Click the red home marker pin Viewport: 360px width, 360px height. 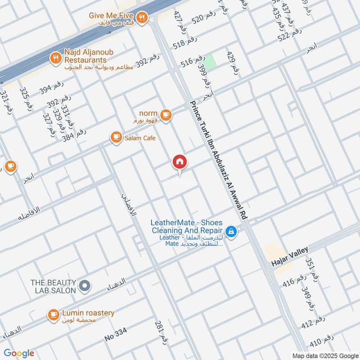(x=180, y=162)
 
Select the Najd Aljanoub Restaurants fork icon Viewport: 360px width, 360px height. (x=55, y=57)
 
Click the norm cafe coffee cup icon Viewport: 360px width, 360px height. (x=166, y=115)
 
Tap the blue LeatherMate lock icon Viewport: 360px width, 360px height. (x=231, y=232)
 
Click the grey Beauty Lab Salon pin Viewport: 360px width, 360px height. (x=84, y=286)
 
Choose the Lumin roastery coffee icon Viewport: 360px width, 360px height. (x=54, y=315)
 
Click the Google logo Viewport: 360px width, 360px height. (x=19, y=353)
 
